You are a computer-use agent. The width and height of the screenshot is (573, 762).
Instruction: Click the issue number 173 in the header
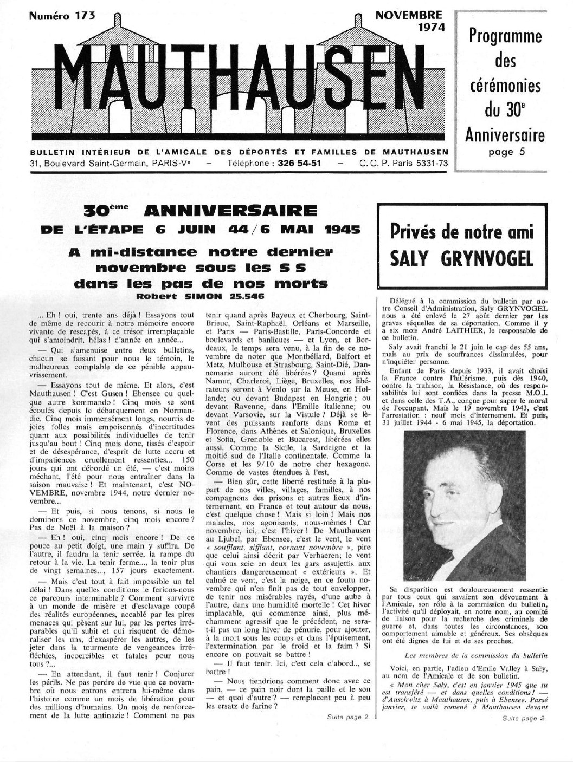coord(86,16)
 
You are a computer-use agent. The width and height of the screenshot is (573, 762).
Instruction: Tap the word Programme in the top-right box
coord(505,36)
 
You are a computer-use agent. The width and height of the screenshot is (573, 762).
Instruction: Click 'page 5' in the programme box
coord(506,152)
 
